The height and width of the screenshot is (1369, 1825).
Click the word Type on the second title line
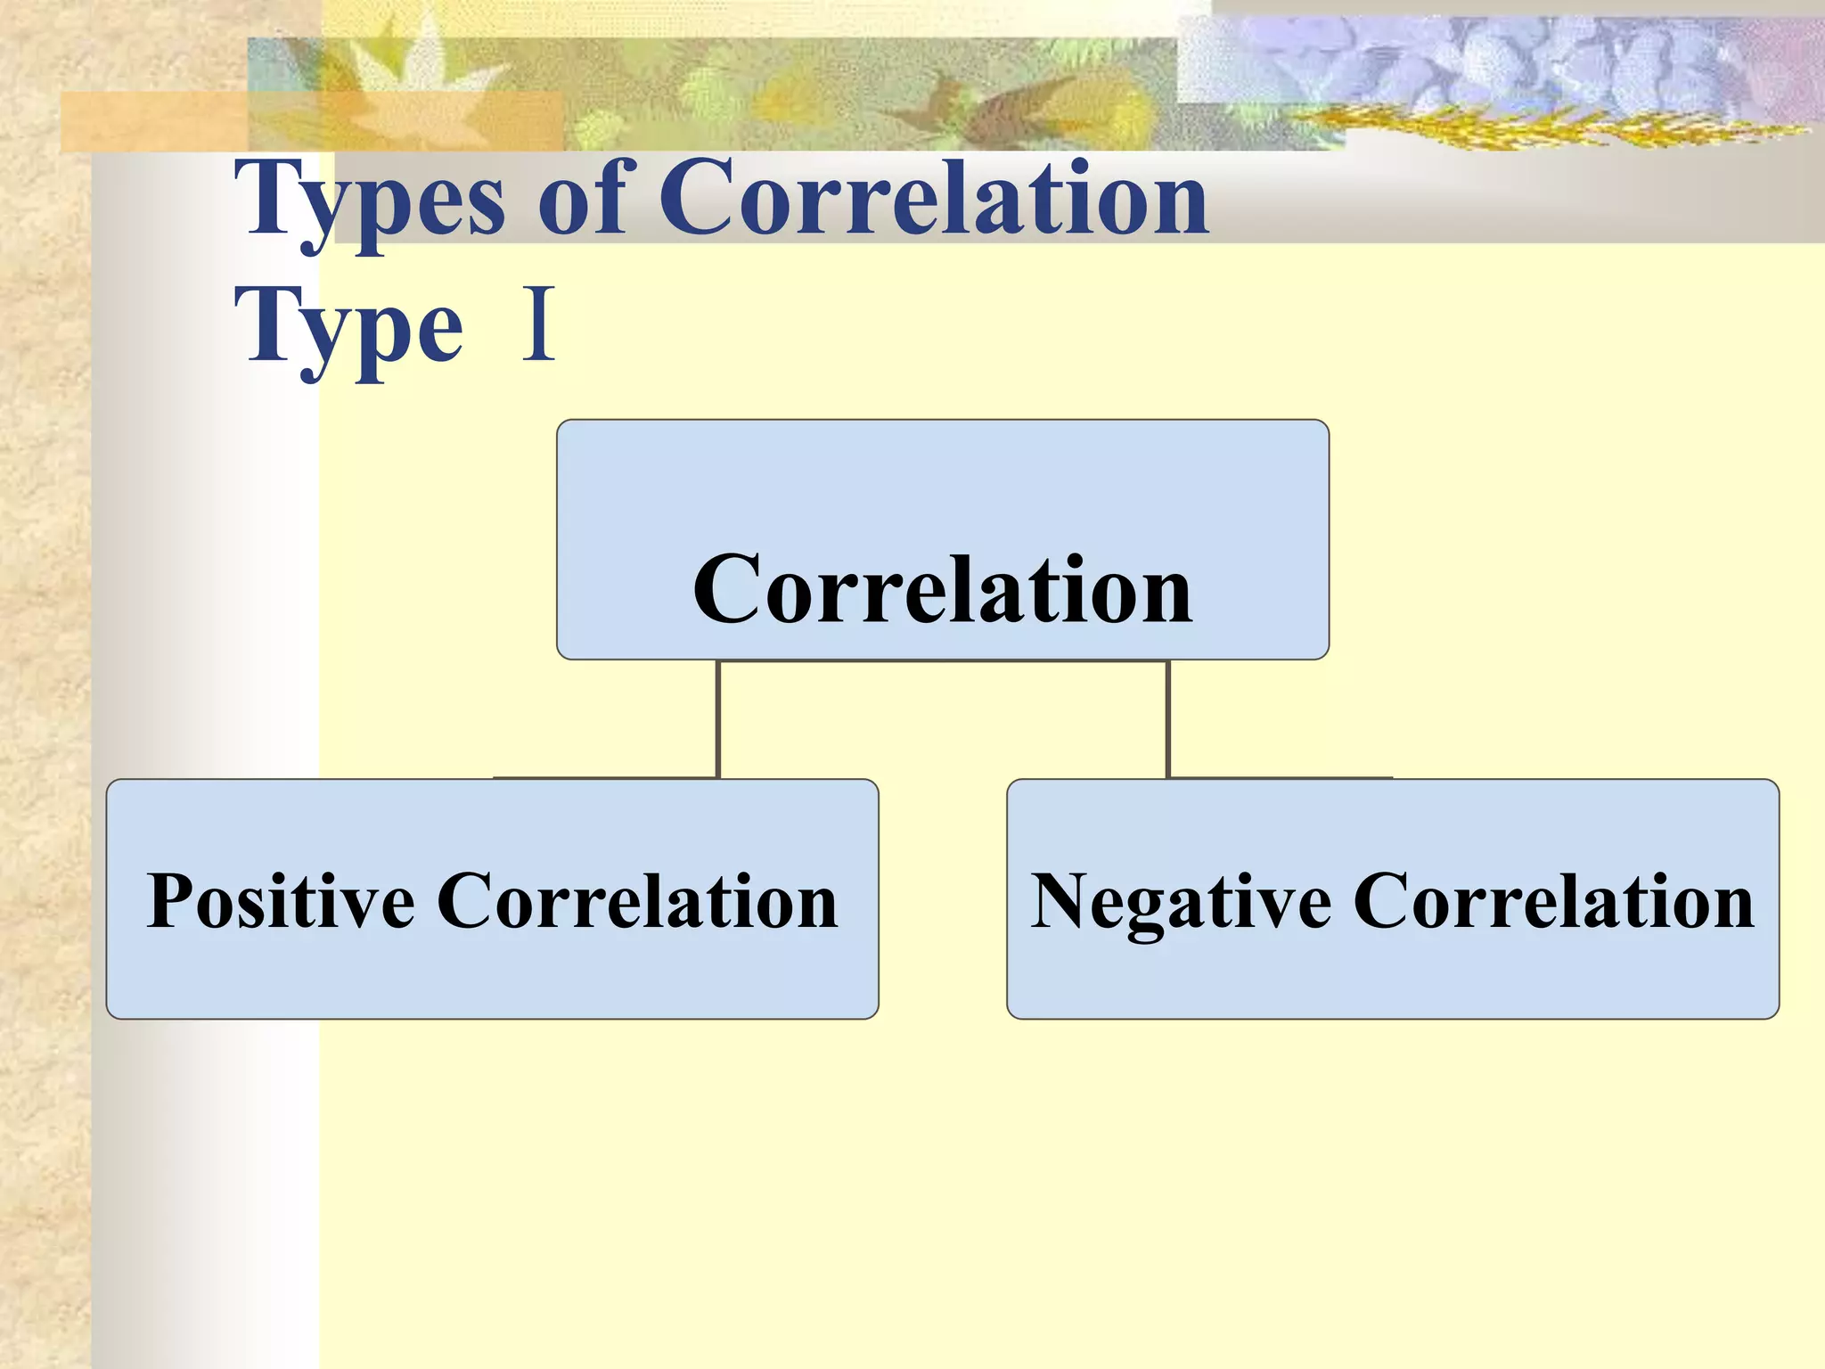[348, 328]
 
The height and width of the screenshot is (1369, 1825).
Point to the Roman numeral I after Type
[539, 324]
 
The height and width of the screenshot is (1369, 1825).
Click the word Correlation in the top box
[942, 589]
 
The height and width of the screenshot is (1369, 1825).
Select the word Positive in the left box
[281, 901]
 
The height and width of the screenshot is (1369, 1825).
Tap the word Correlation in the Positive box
[637, 901]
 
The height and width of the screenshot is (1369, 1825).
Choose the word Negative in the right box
[1181, 901]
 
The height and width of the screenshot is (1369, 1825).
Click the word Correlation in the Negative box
[1554, 901]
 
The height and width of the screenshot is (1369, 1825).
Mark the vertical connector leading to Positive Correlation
[717, 718]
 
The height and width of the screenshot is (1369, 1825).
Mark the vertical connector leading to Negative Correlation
[1167, 718]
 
